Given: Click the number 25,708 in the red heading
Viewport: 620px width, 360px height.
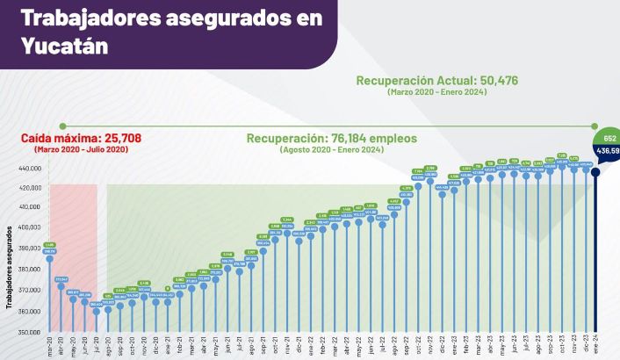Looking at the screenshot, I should point(113,139).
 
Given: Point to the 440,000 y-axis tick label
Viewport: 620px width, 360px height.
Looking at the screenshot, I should point(30,168).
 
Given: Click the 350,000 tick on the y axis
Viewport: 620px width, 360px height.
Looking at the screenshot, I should point(30,333).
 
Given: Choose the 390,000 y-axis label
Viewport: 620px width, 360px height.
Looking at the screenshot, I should point(30,248).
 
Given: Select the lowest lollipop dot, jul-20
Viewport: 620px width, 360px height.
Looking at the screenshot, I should point(96,311).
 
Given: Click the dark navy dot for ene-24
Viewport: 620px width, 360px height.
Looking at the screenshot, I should point(596,172).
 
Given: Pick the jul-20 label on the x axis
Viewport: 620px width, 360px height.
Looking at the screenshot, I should point(95,345).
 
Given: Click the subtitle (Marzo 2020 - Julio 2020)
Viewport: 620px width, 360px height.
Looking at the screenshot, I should point(81,150).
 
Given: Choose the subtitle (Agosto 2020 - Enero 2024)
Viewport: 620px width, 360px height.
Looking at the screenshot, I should point(332,150).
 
